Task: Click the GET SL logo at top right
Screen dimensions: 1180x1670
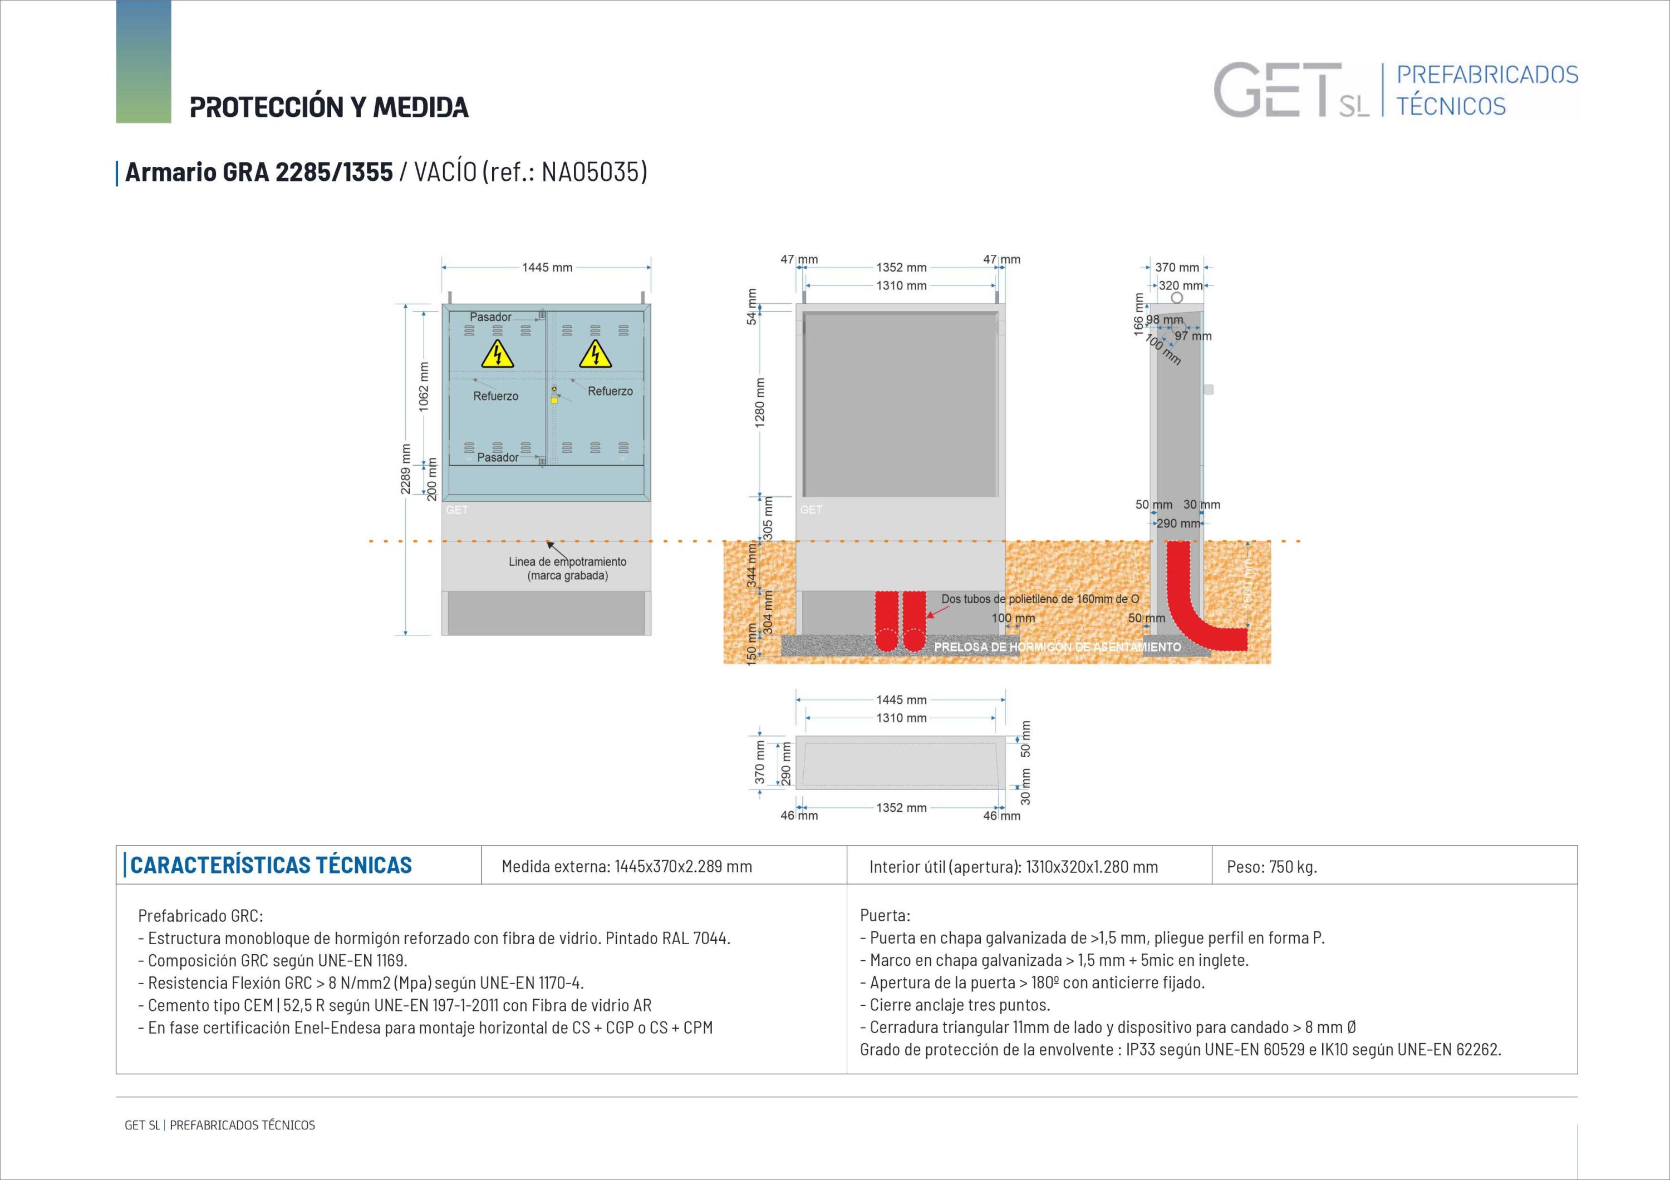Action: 1291,91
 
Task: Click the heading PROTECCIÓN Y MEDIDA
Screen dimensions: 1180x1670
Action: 329,107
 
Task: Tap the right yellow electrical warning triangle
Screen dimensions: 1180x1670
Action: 595,355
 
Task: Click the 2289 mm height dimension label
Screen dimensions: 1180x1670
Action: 406,469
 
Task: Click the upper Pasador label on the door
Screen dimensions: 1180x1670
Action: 490,317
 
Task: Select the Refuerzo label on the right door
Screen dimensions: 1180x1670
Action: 610,391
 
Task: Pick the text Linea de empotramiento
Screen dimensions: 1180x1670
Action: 567,562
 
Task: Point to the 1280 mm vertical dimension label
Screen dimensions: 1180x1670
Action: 760,402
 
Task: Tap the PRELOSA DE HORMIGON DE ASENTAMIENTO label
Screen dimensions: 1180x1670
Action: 1058,647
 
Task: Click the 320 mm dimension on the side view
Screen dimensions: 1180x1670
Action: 1180,286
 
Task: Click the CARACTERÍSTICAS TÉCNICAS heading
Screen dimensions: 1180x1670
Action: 271,865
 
